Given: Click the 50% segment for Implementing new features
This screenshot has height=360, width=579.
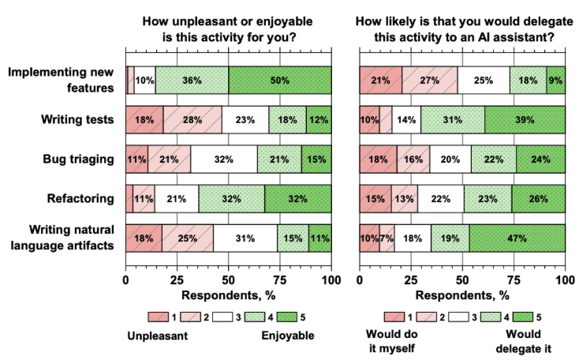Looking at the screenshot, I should click(x=280, y=80).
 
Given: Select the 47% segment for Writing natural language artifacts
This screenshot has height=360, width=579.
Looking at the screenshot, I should click(x=517, y=238).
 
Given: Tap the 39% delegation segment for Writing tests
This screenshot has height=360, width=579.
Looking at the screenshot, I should click(x=525, y=119).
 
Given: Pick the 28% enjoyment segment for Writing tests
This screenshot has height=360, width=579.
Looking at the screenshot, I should click(x=192, y=119).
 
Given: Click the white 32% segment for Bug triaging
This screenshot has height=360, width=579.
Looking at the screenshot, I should click(x=224, y=159).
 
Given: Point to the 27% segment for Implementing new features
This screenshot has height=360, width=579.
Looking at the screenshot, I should click(x=430, y=80).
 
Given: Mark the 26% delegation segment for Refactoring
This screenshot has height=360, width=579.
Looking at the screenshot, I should click(x=538, y=198).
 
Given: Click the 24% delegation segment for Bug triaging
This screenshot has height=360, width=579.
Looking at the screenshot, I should click(x=540, y=159).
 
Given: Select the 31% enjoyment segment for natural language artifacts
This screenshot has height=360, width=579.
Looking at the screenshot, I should click(x=245, y=238).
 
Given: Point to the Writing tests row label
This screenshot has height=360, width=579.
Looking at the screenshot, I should click(x=77, y=119).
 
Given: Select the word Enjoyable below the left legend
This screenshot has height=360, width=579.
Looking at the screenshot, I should click(x=288, y=335).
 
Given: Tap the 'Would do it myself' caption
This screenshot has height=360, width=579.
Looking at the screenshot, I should click(x=392, y=340).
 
